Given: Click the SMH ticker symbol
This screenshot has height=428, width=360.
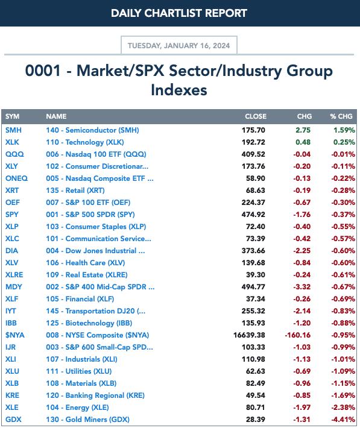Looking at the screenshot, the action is (13, 130).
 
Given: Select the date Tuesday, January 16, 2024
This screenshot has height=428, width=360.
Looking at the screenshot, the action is (179, 46).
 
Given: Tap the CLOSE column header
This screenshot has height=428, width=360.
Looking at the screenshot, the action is (256, 116).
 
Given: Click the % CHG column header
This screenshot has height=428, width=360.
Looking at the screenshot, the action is (341, 116).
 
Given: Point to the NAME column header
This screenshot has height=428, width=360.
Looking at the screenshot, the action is (56, 116).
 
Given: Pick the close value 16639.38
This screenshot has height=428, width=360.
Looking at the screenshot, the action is (249, 335).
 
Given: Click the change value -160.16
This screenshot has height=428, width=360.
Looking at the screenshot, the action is (298, 335).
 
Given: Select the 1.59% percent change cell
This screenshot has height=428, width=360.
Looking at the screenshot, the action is (344, 130).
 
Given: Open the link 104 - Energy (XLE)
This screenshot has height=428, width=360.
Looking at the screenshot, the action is (78, 408).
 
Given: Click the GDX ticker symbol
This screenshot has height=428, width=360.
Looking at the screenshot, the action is (13, 420).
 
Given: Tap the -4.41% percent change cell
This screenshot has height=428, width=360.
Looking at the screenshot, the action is (343, 420).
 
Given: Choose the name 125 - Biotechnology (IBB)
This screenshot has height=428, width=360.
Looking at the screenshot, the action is (89, 323).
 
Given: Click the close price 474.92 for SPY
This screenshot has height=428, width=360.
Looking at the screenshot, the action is (253, 215).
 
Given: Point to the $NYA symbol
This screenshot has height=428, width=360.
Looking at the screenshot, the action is (14, 335).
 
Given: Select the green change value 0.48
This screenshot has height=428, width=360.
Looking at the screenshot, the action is (303, 142).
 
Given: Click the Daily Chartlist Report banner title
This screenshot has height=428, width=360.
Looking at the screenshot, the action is (179, 13).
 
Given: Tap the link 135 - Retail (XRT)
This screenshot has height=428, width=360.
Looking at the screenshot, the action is (75, 190).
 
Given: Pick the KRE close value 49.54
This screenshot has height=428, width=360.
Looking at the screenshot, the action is (256, 395).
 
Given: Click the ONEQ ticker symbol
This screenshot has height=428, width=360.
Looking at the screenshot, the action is (16, 178).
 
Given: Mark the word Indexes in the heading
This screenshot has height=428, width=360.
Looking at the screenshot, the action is (179, 90).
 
